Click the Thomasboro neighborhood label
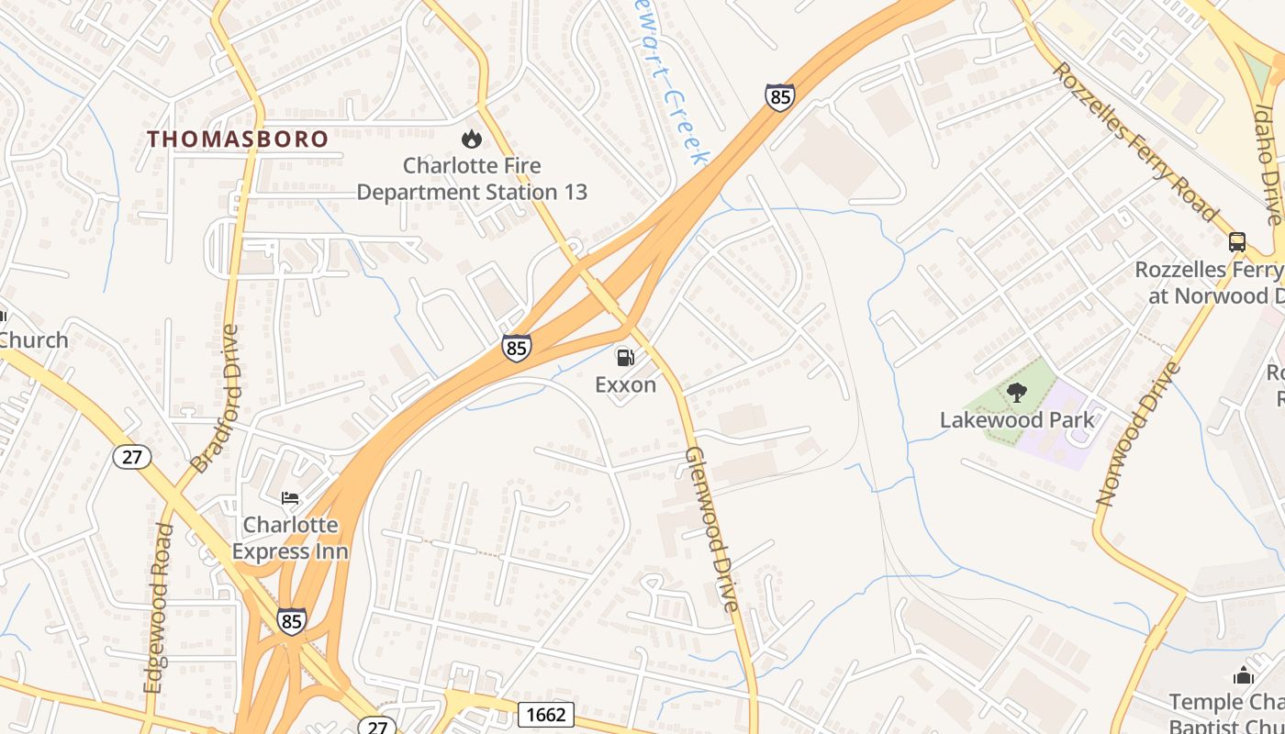238,139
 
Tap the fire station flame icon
471,139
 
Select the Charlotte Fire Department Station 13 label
471,179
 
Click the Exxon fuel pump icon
624,357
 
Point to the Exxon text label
625,384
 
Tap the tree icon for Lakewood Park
1016,394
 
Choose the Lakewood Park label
1016,420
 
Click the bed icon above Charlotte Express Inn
290,498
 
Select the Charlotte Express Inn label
290,538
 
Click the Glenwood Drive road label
712,529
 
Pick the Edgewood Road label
158,607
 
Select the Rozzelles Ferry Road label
1134,141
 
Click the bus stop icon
1237,242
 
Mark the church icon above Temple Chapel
1244,676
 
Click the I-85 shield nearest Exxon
516,348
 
